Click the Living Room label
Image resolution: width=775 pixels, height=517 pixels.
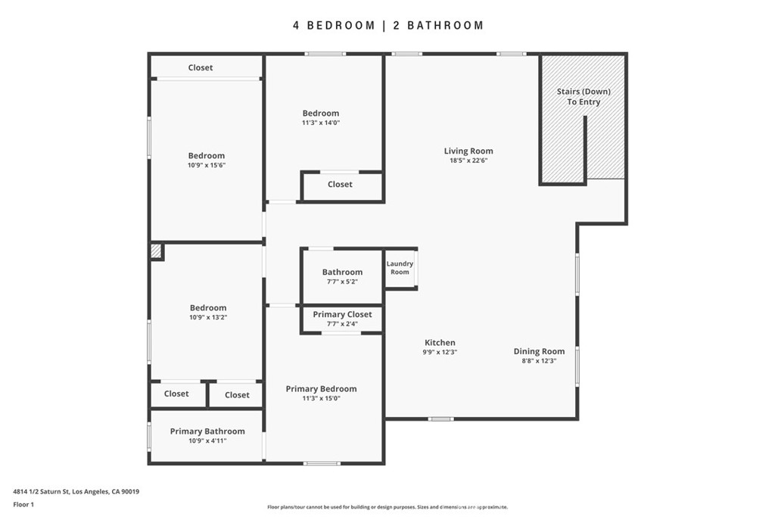(x=468, y=151)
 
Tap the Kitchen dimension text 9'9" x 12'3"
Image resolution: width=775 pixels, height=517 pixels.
(x=440, y=353)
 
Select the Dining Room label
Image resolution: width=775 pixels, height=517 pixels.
(x=539, y=351)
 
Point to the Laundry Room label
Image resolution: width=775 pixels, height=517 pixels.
(x=400, y=268)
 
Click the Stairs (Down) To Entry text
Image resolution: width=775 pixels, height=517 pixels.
(x=584, y=96)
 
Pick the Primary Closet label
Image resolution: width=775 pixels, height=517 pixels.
(x=342, y=314)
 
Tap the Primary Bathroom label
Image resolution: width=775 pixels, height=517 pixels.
(x=207, y=431)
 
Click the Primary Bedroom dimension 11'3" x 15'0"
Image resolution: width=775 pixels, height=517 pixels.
(x=321, y=398)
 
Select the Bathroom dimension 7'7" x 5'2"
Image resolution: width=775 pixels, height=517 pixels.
(x=342, y=282)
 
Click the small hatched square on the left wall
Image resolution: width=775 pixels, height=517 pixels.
(x=156, y=251)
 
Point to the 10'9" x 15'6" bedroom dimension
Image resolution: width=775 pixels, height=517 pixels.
(x=207, y=165)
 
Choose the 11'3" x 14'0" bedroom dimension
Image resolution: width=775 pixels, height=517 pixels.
(x=321, y=123)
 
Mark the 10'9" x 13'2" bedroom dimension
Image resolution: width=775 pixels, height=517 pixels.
(x=208, y=317)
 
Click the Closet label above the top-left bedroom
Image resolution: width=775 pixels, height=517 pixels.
(x=200, y=67)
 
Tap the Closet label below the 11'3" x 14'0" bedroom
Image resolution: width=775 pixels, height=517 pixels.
(x=340, y=185)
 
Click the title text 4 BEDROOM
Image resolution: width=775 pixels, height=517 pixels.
(x=334, y=25)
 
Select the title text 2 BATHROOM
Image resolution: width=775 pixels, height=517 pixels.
(x=438, y=25)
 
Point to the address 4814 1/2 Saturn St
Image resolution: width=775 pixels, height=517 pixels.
(x=41, y=492)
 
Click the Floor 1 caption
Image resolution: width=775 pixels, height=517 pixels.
(x=23, y=505)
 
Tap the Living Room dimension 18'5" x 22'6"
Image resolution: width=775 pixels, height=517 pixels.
(x=468, y=160)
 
